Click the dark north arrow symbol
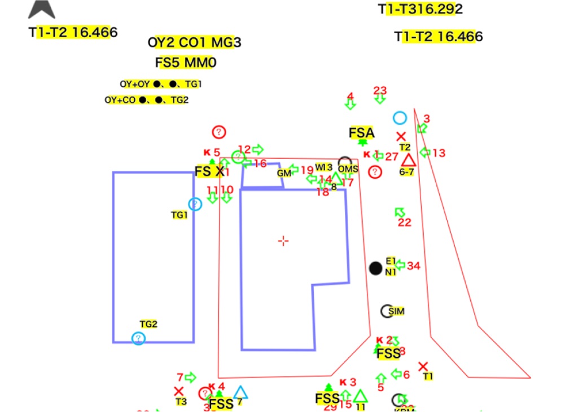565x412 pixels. click(x=42, y=8)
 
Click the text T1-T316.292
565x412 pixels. click(x=421, y=9)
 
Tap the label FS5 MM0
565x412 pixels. click(x=186, y=62)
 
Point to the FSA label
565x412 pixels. click(x=361, y=133)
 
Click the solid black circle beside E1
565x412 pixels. click(x=376, y=268)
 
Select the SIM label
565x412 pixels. click(x=396, y=311)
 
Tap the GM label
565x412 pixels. click(x=284, y=173)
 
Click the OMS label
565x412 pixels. click(x=348, y=169)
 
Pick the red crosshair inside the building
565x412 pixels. click(x=283, y=241)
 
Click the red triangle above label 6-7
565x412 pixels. click(x=408, y=160)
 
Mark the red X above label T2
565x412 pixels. click(x=401, y=136)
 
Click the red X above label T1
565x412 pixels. click(x=423, y=366)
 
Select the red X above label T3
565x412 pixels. click(x=179, y=391)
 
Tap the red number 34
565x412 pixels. click(x=414, y=265)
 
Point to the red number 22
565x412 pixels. click(x=405, y=223)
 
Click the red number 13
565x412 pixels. click(x=439, y=153)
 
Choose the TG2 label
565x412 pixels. click(x=148, y=324)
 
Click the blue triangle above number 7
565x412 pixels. click(x=241, y=392)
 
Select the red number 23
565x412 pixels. click(x=380, y=90)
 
